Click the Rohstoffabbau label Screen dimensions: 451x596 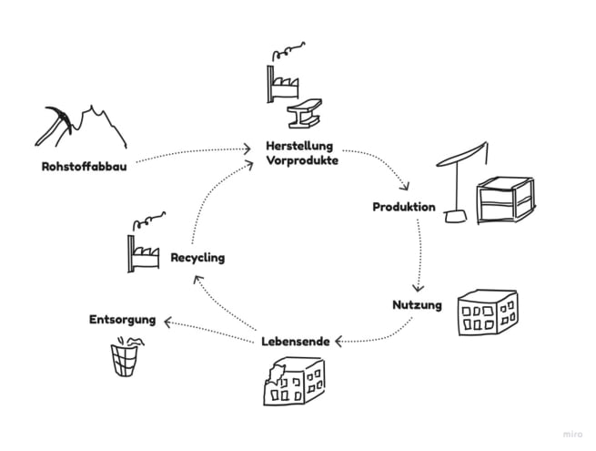[84, 167]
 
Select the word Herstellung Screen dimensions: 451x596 [300, 146]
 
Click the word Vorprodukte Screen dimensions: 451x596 [302, 160]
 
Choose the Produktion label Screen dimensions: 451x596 [404, 207]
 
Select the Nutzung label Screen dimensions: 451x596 [418, 304]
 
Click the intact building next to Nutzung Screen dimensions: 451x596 [486, 313]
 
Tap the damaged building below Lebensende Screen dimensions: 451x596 [289, 381]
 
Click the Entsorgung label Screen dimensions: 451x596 [122, 320]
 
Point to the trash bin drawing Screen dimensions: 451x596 [124, 356]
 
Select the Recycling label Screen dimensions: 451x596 [197, 258]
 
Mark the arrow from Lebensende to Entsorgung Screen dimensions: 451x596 [214, 328]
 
